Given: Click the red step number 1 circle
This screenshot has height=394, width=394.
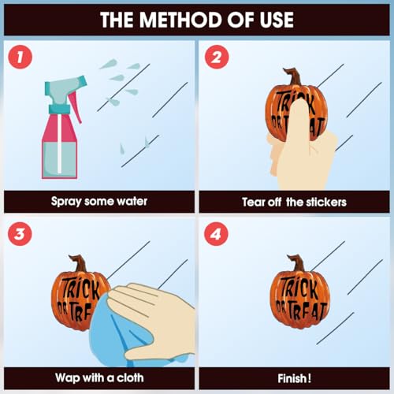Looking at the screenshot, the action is click(x=20, y=57).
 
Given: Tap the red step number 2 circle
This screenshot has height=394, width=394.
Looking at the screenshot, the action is click(x=217, y=57).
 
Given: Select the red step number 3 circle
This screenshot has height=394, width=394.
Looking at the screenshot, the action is click(x=20, y=234).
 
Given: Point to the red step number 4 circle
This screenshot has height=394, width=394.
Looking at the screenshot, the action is click(x=216, y=234).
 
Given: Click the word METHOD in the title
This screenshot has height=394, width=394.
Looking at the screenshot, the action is click(x=181, y=20).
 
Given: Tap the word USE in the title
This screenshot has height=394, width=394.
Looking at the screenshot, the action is click(x=277, y=20).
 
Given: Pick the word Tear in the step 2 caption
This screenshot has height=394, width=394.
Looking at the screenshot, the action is click(x=254, y=203).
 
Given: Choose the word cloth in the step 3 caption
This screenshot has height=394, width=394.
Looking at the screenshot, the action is click(x=130, y=377).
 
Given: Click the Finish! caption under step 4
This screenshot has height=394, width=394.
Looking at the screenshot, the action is click(x=295, y=378).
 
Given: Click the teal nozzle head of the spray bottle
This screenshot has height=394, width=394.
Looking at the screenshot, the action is click(x=65, y=89).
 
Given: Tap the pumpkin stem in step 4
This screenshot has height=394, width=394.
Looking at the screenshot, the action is click(x=297, y=263).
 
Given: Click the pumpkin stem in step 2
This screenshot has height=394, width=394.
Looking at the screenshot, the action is click(x=292, y=76).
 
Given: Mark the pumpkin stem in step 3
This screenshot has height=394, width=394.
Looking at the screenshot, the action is click(x=78, y=263).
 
